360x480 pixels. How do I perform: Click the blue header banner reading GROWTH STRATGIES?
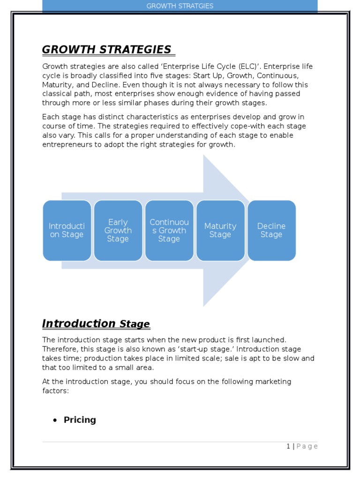(180, 6)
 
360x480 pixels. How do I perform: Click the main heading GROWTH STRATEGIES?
(107, 49)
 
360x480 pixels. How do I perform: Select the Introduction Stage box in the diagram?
(67, 230)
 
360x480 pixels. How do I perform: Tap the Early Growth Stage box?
(118, 230)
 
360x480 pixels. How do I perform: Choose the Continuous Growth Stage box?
(169, 230)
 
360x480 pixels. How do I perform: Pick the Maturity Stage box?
(220, 230)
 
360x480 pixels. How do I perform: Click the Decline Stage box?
(271, 230)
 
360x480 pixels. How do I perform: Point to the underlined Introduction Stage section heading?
(96, 323)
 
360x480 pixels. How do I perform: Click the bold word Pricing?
(80, 420)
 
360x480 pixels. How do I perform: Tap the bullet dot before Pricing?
(55, 420)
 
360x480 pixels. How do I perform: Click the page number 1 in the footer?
(288, 446)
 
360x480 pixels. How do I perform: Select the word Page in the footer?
(307, 446)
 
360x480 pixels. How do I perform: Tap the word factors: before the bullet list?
(56, 390)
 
